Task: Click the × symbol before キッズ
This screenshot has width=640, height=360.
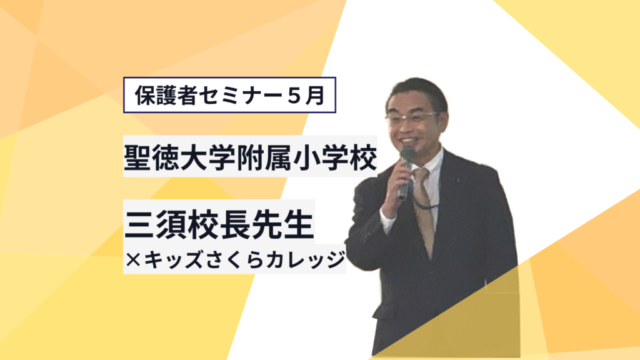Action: click(133, 259)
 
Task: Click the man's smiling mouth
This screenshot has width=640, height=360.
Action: click(408, 141)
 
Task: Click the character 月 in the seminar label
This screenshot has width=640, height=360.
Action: click(316, 96)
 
